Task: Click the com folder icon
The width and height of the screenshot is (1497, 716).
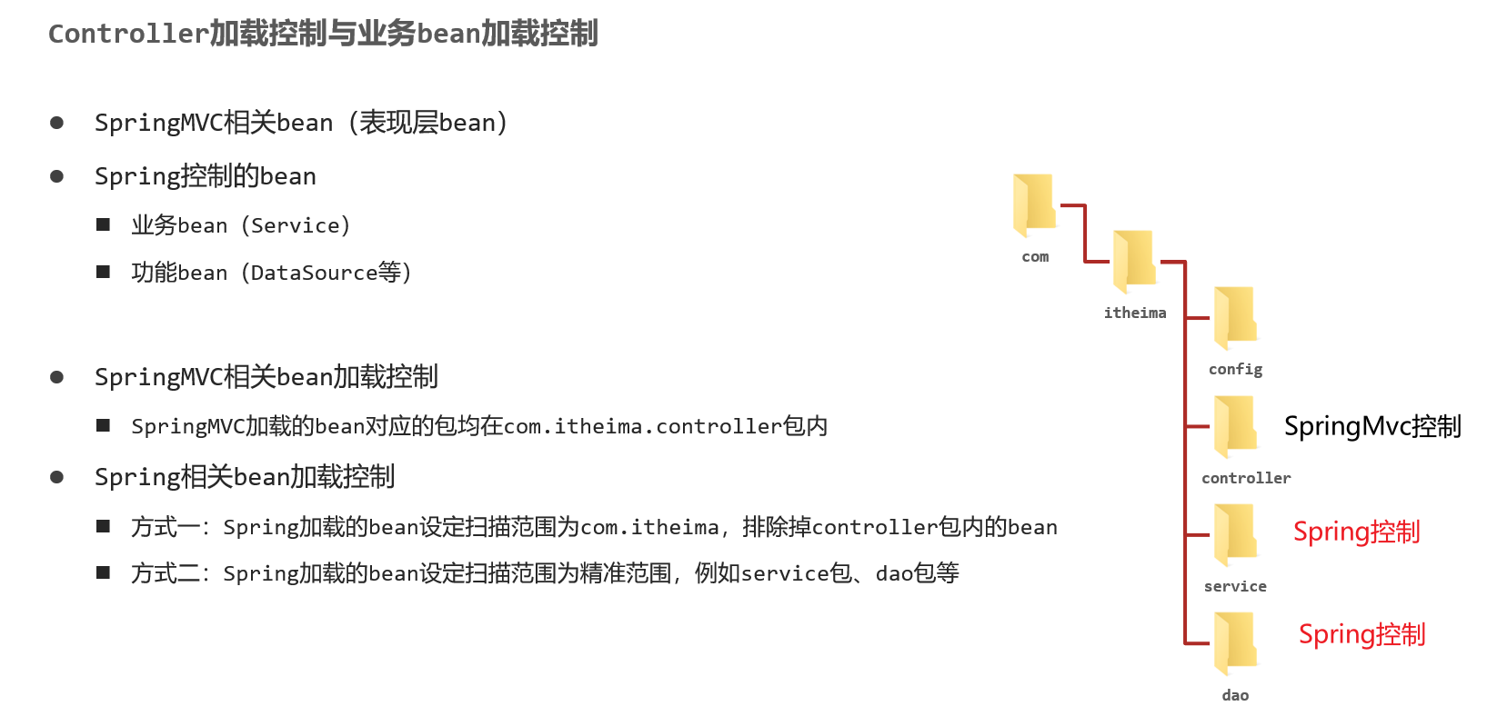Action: (x=1034, y=204)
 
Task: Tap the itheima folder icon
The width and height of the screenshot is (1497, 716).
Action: (x=1134, y=261)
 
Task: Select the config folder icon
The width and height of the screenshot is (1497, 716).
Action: (x=1235, y=317)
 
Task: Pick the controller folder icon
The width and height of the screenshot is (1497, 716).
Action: (x=1235, y=426)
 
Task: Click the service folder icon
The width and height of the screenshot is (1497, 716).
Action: (x=1235, y=534)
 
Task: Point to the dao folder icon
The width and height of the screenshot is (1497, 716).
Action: (x=1235, y=642)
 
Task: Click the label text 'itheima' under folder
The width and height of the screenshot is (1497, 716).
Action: (x=1135, y=313)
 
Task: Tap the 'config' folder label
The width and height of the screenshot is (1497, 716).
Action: (x=1235, y=369)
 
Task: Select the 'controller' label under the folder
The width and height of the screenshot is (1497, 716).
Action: (x=1246, y=478)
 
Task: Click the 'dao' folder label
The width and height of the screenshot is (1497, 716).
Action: (x=1235, y=695)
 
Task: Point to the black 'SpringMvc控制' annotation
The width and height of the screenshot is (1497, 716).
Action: (x=1372, y=426)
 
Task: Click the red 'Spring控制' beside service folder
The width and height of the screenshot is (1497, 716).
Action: (x=1356, y=532)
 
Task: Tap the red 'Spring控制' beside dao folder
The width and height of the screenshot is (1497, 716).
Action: (x=1361, y=634)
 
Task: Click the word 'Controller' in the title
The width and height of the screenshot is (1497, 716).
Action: (x=128, y=35)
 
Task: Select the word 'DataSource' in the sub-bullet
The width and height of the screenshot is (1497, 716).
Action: (x=314, y=273)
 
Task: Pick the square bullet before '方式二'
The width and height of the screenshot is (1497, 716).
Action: (x=104, y=572)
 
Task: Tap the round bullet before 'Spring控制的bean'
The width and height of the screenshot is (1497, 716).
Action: (x=56, y=176)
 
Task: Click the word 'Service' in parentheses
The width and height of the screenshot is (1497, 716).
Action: (x=296, y=225)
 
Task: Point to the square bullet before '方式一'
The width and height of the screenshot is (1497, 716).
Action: (x=104, y=526)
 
